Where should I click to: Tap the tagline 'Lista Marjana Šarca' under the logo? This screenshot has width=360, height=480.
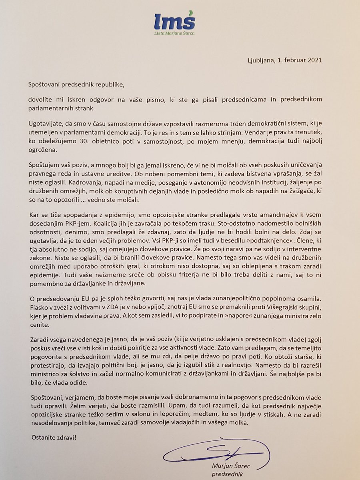coord(175,33)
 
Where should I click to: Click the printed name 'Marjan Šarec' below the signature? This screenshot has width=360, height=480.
coord(229,466)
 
